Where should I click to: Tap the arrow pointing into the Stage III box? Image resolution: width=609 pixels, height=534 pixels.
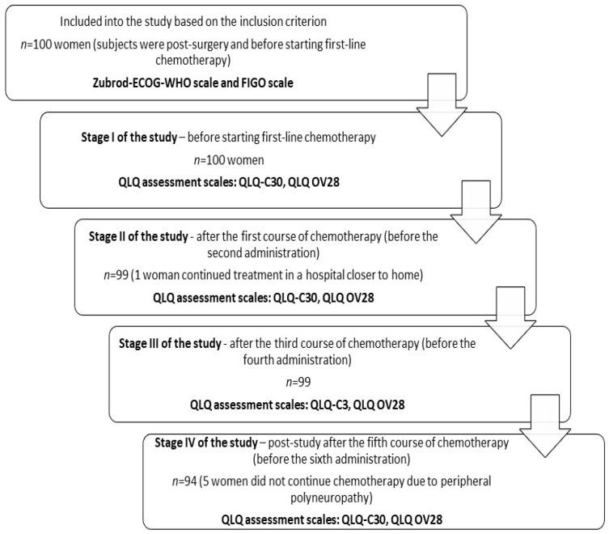508,317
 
